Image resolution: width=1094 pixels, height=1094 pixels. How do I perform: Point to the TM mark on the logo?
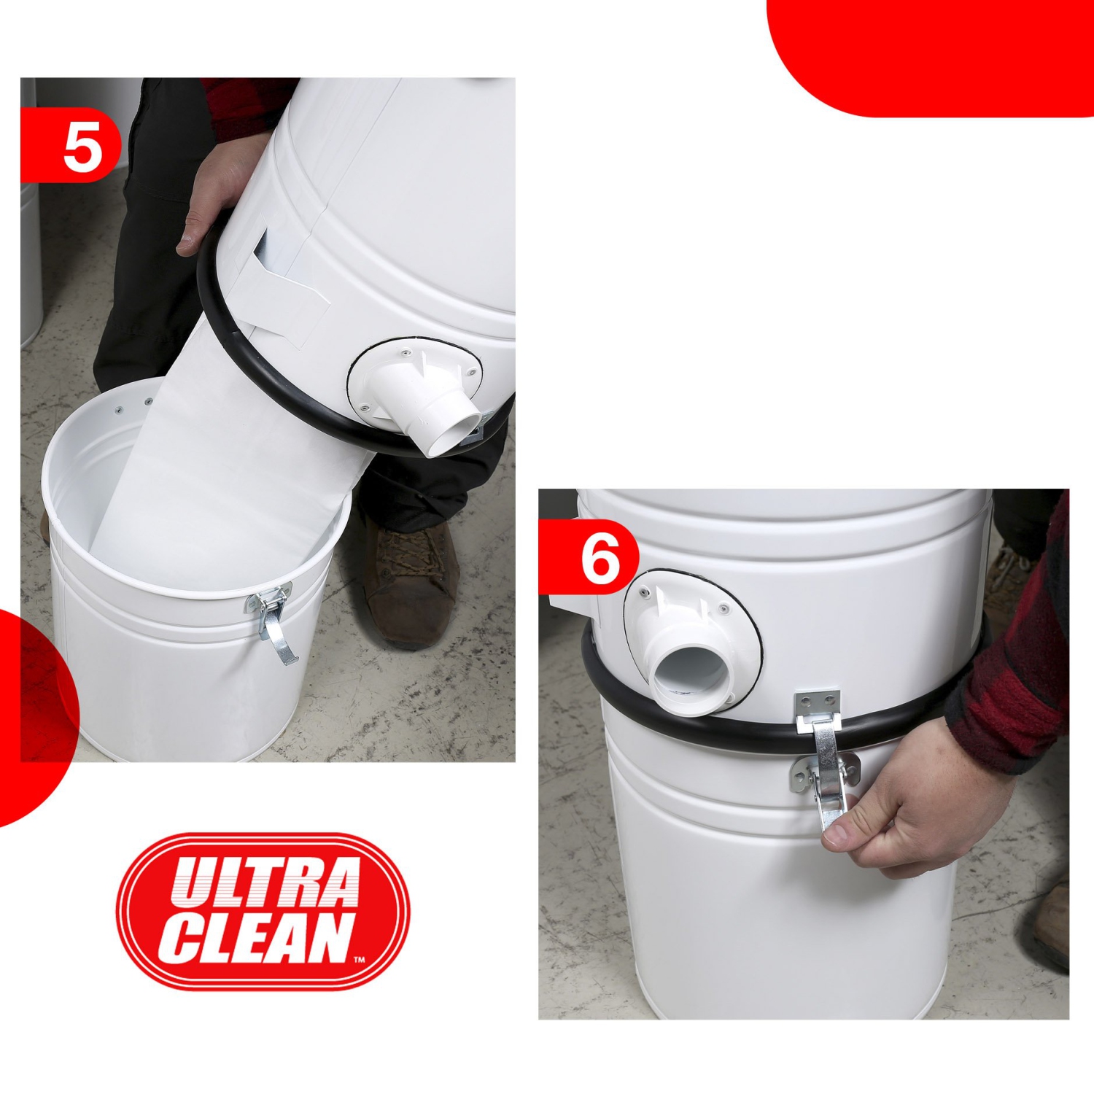coord(359,960)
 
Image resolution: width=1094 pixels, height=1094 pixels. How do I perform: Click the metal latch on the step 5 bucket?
coord(271,620)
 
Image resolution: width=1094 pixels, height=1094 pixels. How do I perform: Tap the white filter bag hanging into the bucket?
coord(219,467)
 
